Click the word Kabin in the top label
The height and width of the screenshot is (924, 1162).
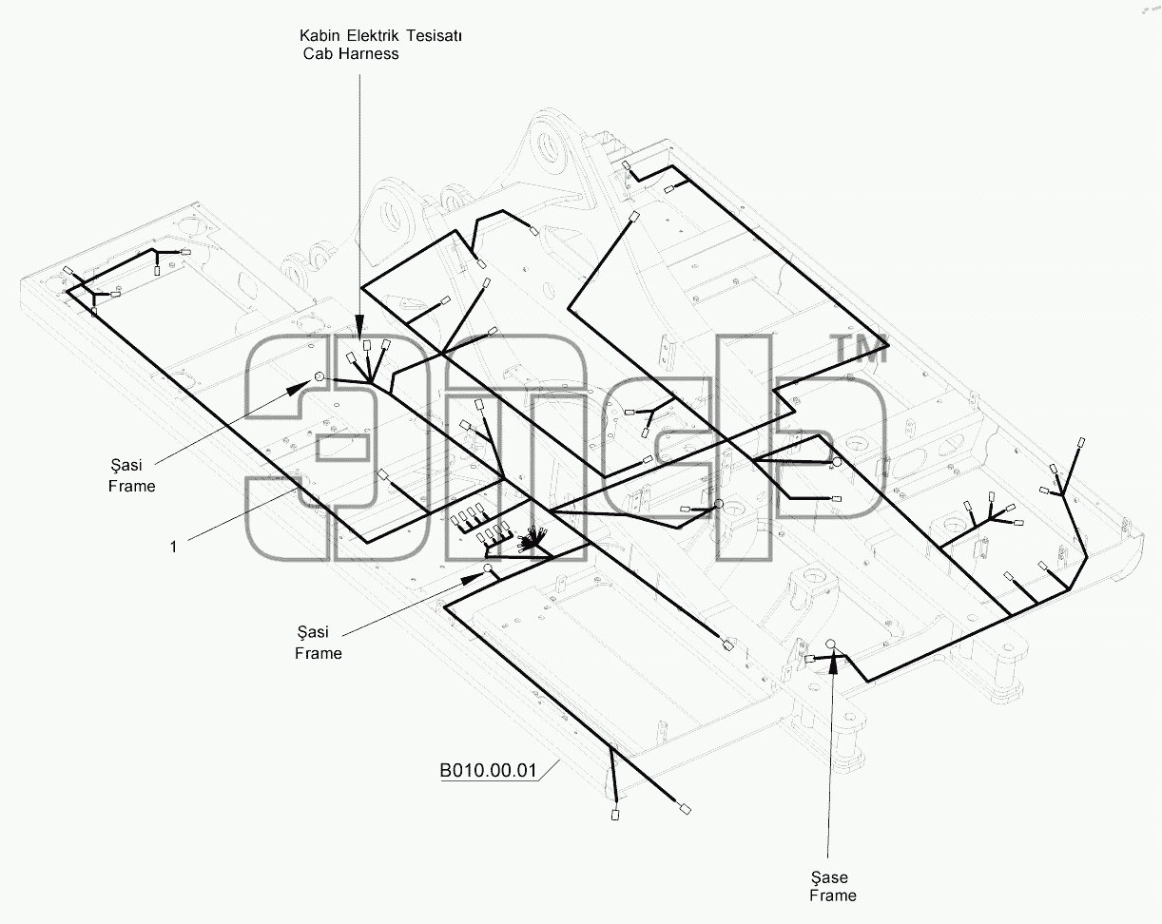(x=320, y=35)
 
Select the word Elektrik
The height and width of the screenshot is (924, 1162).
(x=373, y=35)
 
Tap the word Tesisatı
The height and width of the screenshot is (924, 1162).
(x=435, y=35)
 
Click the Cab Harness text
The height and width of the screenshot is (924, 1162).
(x=351, y=54)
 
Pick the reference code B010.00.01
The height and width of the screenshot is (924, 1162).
(x=489, y=770)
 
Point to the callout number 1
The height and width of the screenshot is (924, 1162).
(x=173, y=547)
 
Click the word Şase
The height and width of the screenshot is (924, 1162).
(x=829, y=878)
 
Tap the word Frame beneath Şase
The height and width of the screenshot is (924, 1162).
(x=833, y=895)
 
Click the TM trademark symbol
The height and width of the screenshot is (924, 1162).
(x=861, y=349)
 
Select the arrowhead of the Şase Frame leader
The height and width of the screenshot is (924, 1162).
(x=834, y=663)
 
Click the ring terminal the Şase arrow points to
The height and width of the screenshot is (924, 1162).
(x=831, y=644)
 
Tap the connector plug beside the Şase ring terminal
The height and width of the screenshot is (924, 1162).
(x=809, y=659)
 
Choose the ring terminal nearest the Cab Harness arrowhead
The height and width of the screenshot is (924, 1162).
(x=320, y=376)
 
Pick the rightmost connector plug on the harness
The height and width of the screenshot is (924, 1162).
(x=1081, y=443)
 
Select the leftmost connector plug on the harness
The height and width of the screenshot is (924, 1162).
(x=68, y=270)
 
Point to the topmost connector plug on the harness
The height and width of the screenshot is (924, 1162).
(x=627, y=165)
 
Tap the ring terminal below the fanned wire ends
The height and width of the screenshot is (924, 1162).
(x=487, y=568)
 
